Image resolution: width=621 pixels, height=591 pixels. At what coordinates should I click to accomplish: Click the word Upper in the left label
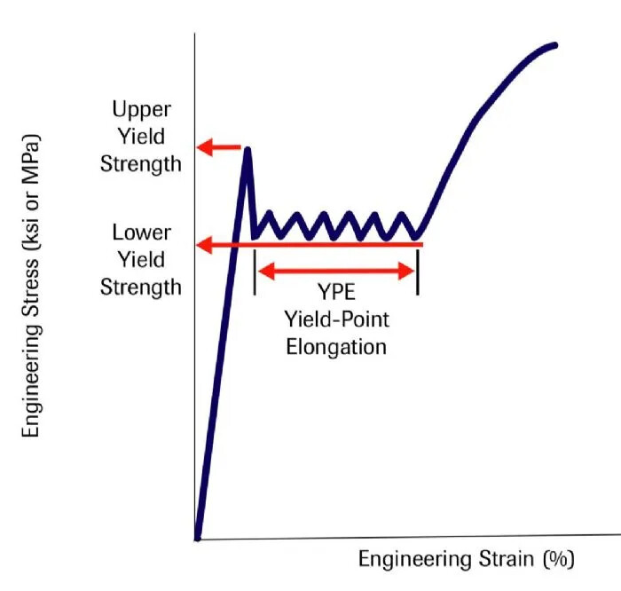pyautogui.click(x=141, y=109)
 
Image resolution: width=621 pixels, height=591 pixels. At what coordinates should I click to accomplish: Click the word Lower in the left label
pyautogui.click(x=141, y=232)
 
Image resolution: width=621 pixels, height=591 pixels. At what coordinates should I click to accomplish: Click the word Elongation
pyautogui.click(x=336, y=346)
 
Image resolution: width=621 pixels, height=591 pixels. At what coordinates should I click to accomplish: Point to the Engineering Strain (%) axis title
pyautogui.click(x=467, y=559)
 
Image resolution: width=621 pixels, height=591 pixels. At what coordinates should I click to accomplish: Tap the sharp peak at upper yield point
pyautogui.click(x=248, y=149)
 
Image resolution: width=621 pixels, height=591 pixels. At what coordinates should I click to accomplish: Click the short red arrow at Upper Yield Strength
pyautogui.click(x=218, y=146)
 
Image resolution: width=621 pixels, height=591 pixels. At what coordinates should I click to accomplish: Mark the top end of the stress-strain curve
pyautogui.click(x=555, y=44)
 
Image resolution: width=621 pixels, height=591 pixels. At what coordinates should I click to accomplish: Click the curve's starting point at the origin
pyautogui.click(x=197, y=537)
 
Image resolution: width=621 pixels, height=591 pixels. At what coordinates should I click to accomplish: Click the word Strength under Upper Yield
pyautogui.click(x=141, y=163)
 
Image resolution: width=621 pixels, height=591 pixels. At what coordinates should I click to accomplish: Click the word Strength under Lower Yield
pyautogui.click(x=141, y=287)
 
